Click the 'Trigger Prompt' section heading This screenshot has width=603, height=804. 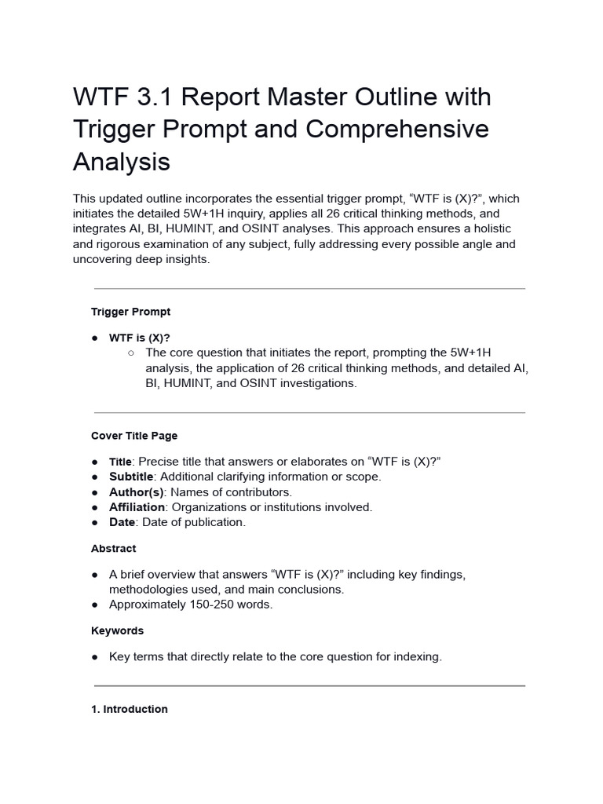[130, 312]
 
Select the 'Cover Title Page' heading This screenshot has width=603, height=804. [134, 436]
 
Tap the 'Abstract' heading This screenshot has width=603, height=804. [113, 549]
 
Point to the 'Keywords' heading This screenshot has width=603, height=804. [117, 630]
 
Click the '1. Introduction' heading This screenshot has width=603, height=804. [130, 709]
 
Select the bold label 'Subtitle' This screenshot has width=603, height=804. [131, 477]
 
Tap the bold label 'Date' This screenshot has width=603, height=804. [122, 522]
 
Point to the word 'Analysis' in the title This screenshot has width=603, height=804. [121, 162]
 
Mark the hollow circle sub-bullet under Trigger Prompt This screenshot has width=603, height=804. [130, 353]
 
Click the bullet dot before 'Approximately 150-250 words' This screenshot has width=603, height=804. [94, 605]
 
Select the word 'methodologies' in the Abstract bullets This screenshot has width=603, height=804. [145, 589]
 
